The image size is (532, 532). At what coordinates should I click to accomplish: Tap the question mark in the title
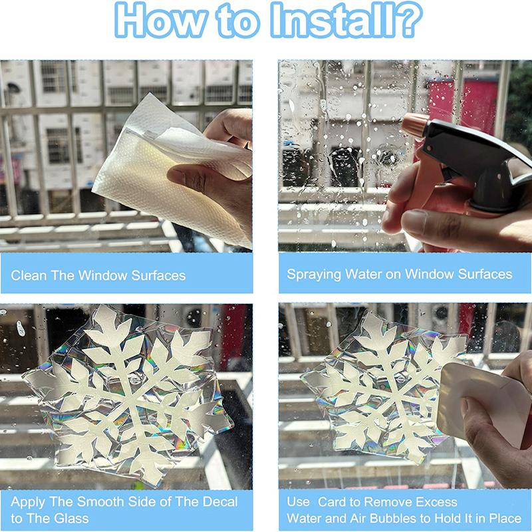click(x=407, y=20)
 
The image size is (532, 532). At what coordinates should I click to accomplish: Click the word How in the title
click(x=160, y=21)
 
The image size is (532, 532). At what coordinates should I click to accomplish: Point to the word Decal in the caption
click(x=220, y=501)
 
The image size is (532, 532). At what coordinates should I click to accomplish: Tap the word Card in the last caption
click(x=331, y=501)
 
